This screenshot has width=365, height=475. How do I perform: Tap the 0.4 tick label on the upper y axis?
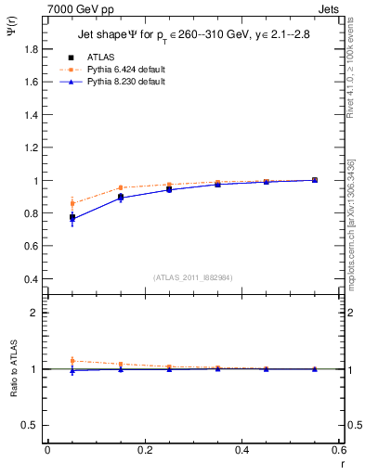point(33,279)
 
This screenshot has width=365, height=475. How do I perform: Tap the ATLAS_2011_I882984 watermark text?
point(192,277)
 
